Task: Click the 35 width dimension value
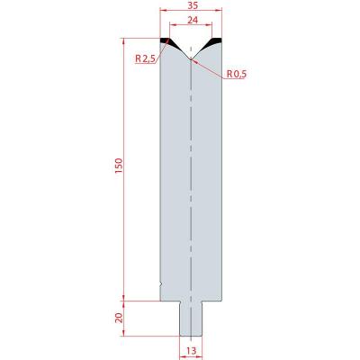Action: coord(192,4)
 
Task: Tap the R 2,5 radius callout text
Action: coord(145,58)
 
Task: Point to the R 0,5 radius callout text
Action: coord(237,74)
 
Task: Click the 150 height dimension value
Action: coord(119,166)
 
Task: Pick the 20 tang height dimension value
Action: coord(120,318)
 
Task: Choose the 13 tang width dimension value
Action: coord(191,350)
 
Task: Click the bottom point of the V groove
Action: coord(191,59)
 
